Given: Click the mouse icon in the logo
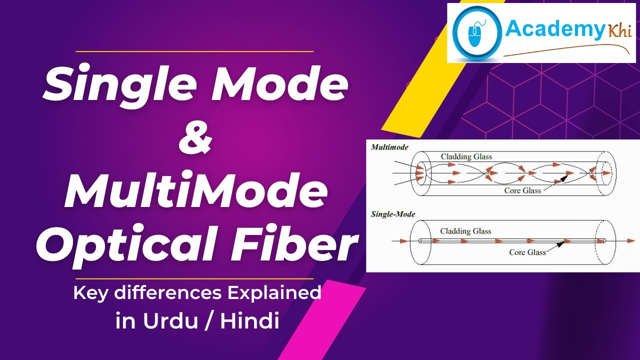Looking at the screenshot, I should point(474,33).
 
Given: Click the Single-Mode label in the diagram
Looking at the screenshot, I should point(393,214).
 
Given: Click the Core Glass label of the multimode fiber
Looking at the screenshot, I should point(522,190).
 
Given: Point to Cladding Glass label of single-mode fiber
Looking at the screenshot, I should point(465,231).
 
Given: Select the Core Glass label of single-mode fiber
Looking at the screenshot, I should point(527,252).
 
